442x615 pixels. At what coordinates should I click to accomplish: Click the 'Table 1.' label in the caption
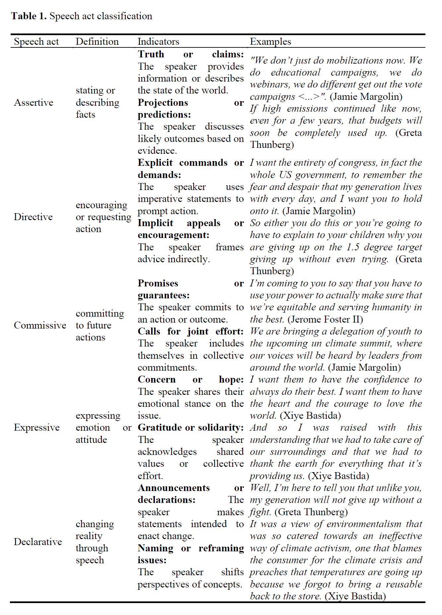[29, 16]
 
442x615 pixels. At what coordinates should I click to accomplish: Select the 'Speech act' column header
[36, 42]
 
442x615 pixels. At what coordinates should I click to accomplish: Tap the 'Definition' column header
[97, 42]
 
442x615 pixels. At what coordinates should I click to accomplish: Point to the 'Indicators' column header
[158, 42]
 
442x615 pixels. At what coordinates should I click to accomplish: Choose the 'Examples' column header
[270, 42]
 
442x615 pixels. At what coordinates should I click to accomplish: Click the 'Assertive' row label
[33, 102]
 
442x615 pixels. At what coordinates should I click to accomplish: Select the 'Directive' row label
[33, 217]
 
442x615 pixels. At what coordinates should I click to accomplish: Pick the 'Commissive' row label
[40, 325]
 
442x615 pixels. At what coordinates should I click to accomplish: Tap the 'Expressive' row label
[36, 428]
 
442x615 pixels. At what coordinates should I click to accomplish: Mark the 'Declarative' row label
[38, 542]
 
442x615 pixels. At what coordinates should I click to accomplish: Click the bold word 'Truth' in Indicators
[151, 54]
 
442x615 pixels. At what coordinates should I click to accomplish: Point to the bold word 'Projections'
[162, 102]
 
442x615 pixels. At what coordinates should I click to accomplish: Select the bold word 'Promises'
[158, 283]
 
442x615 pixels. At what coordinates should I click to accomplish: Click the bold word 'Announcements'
[174, 488]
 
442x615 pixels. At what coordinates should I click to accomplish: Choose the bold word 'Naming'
[155, 548]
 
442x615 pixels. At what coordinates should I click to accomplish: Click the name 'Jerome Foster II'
[325, 319]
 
